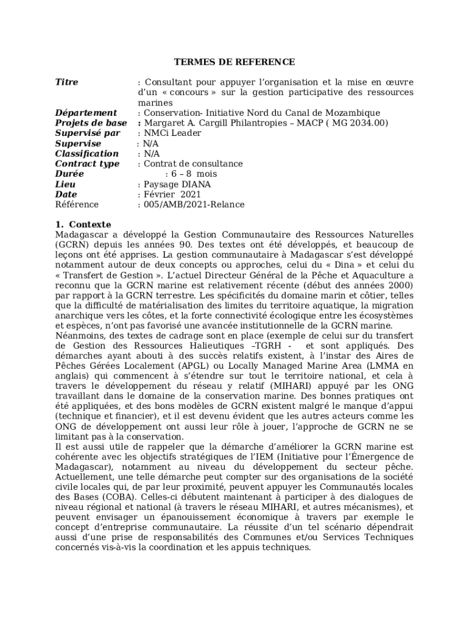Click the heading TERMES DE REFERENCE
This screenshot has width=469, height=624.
click(234, 62)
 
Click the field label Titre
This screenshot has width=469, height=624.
click(66, 82)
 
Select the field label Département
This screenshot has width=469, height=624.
click(86, 113)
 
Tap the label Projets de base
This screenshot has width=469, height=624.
click(91, 123)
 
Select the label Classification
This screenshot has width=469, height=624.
click(86, 154)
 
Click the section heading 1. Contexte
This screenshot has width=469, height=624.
click(83, 225)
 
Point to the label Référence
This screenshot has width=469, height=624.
click(77, 205)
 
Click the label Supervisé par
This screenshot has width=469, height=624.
click(88, 133)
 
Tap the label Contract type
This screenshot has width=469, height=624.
click(87, 164)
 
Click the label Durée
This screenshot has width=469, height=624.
click(69, 174)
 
